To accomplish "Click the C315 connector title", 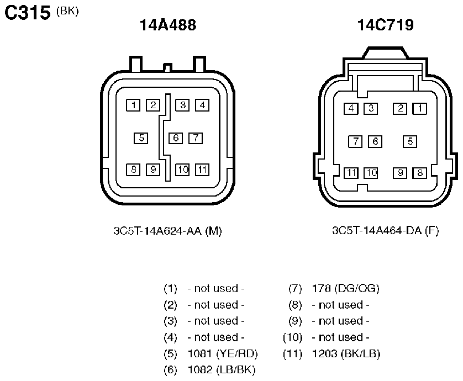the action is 27,13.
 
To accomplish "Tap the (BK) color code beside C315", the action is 67,11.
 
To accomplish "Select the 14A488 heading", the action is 168,25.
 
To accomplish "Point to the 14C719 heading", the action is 385,25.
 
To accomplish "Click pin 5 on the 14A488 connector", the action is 141,138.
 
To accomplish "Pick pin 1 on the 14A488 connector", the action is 133,105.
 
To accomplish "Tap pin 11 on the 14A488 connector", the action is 202,170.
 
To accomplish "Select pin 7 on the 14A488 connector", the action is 196,138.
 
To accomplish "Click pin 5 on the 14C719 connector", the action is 410,141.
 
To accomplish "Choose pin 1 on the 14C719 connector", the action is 419,109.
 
